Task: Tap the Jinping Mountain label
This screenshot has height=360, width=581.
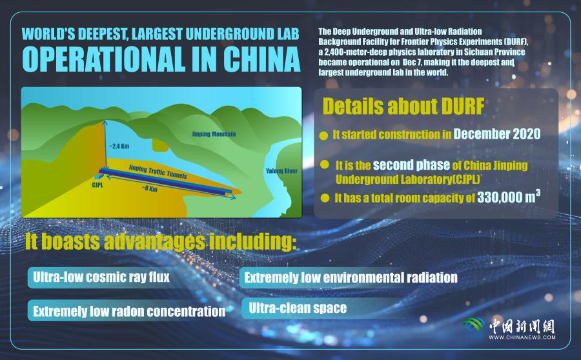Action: coord(214,134)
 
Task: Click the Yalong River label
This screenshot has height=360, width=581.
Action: coord(281,171)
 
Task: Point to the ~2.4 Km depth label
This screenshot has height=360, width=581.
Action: coord(119,146)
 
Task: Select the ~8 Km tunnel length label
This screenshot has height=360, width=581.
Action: coord(149,188)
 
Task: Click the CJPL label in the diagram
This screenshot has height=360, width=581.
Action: coord(97,185)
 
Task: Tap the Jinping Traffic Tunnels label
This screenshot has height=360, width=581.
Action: coord(158,172)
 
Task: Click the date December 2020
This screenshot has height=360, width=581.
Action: coord(497,134)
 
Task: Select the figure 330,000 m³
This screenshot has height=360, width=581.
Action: coord(509,197)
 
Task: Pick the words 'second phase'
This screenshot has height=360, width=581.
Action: coord(411,165)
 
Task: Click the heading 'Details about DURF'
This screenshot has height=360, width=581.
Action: coord(403,106)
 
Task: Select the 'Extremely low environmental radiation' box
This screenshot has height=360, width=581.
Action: coord(350,278)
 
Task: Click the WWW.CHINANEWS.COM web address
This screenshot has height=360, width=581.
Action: coord(522,337)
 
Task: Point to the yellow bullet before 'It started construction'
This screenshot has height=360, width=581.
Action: coord(323,135)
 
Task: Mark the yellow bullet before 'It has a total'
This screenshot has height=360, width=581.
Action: coord(325,198)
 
